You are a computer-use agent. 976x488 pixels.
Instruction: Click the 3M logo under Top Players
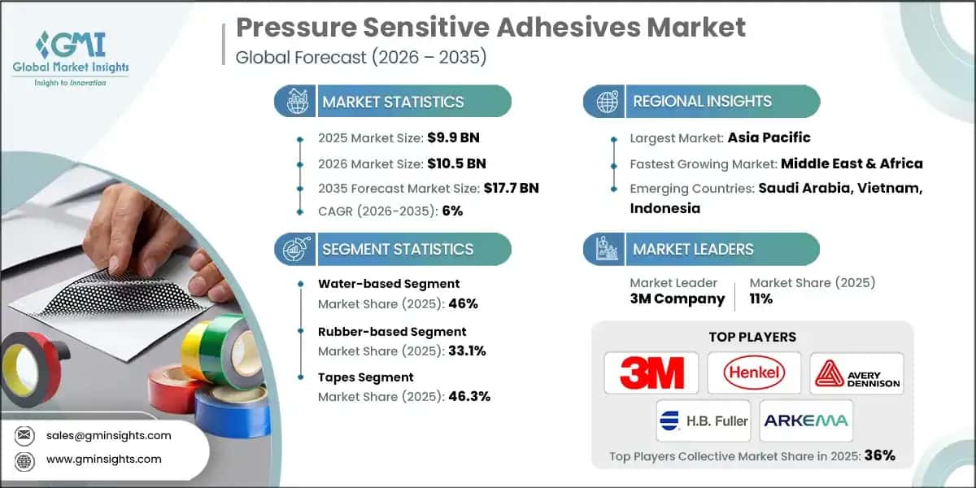click(x=651, y=373)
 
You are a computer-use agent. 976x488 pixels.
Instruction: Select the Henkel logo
click(x=754, y=373)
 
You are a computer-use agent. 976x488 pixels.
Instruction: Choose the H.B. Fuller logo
click(x=704, y=420)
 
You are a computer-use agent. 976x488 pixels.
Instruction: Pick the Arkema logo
click(x=805, y=420)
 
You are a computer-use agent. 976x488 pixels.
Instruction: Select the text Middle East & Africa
click(x=852, y=163)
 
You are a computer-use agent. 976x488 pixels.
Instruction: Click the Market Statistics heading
click(x=393, y=102)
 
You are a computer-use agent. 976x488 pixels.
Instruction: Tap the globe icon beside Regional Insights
click(x=606, y=102)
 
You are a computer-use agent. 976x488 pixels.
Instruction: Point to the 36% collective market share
click(x=879, y=455)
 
